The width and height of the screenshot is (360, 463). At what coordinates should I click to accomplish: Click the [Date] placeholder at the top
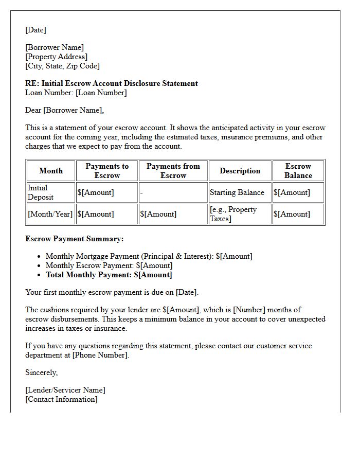pos(35,30)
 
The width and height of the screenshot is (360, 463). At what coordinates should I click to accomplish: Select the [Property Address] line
pos(56,57)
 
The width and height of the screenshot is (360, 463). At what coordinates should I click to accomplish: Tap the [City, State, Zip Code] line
pos(62,66)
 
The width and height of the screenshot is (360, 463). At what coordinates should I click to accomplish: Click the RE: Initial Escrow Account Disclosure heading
pos(112,83)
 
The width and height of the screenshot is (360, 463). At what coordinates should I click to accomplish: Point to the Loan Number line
pos(76,93)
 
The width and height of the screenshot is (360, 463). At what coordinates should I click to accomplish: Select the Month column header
pos(51,171)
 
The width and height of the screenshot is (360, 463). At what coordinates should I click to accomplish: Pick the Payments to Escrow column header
pos(107,171)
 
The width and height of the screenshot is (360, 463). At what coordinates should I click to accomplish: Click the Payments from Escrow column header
pos(173,171)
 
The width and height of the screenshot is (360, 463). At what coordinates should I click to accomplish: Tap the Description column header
pos(240,171)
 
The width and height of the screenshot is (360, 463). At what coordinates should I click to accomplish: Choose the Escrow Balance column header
pos(298,171)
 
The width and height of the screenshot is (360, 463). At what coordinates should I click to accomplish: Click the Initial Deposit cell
pos(41,192)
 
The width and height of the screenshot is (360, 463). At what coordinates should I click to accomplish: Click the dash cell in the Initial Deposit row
pos(141,192)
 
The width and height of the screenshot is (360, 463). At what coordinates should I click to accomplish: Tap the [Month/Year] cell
pos(50,214)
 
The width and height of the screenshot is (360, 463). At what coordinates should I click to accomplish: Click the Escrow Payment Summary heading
pos(75,239)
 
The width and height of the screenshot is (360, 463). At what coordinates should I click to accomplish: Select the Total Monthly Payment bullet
pos(109,275)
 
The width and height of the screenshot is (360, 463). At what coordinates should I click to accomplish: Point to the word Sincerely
pos(42,372)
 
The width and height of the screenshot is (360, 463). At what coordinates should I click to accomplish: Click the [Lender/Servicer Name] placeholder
pos(65,390)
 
